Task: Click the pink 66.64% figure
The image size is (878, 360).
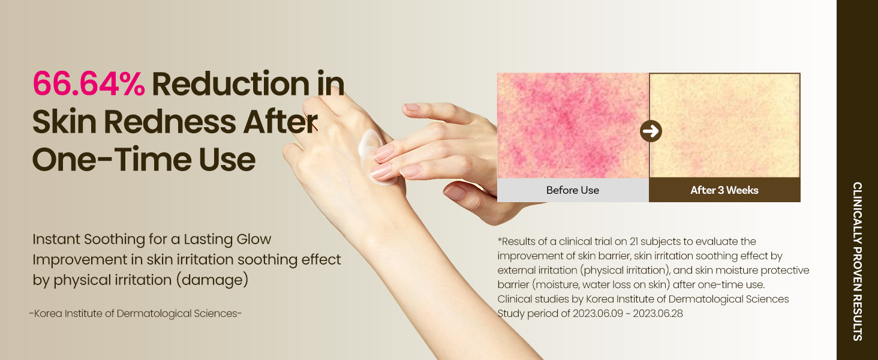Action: coord(89,83)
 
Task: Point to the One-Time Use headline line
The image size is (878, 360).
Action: coord(144,160)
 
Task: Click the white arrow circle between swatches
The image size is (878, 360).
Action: coord(651,131)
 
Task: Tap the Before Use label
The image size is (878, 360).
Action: coord(573,190)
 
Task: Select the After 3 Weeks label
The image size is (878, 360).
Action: coord(724,190)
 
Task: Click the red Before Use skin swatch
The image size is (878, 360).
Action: coord(573,125)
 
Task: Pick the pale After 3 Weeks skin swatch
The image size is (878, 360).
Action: coord(724,125)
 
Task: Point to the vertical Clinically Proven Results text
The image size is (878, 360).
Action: coord(858,261)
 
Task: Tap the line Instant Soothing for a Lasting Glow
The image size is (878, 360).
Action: coord(152,239)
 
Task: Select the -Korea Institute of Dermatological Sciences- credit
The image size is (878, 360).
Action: coord(135,313)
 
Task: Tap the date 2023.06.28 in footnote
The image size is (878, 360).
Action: coord(658,313)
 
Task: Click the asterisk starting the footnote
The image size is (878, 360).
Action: coord(500,239)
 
